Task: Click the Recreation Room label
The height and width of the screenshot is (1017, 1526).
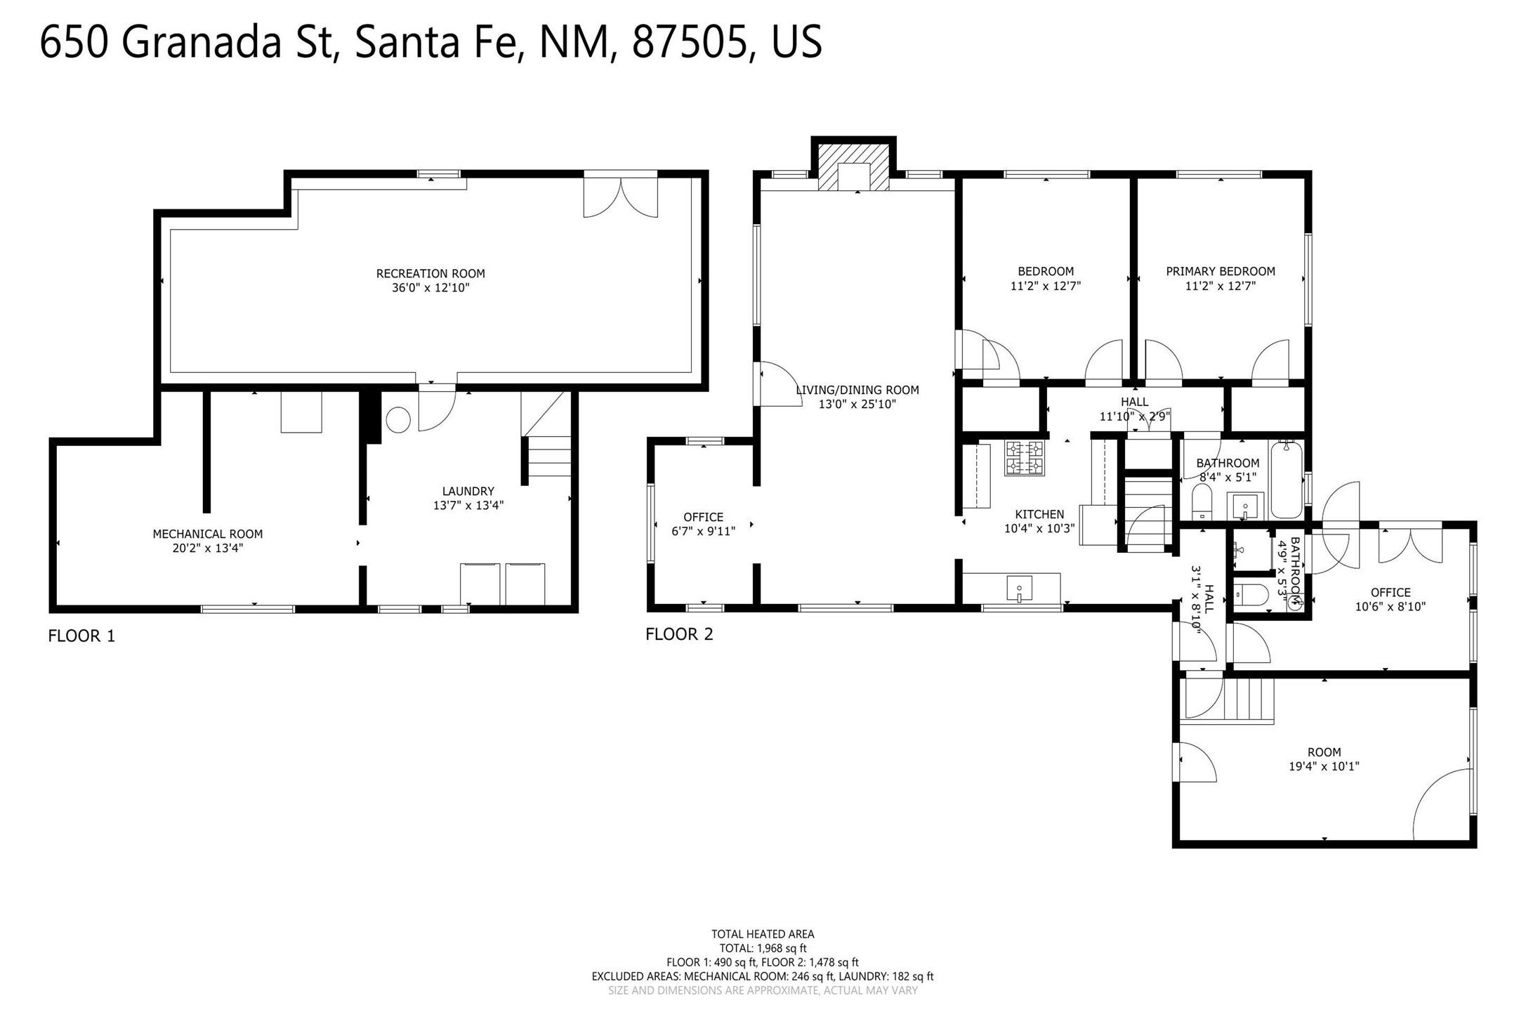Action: coord(430,273)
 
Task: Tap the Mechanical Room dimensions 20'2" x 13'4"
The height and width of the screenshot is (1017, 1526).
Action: coord(208,549)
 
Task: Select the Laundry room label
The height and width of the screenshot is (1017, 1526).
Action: coord(468,491)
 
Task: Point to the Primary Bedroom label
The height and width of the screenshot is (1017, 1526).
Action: coord(1221,271)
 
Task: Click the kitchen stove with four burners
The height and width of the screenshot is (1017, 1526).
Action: coord(1024,458)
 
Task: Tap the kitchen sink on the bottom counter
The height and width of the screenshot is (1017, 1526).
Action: coord(1019,588)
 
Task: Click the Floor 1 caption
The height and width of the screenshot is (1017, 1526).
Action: coord(81,636)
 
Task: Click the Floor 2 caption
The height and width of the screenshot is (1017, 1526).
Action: coord(679,634)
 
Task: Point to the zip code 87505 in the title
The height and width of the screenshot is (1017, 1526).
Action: coord(689,42)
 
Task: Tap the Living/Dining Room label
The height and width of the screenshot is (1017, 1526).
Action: coord(857,390)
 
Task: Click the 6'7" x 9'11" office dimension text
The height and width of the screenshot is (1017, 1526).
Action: coord(704,532)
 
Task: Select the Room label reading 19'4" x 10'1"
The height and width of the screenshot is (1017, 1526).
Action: coord(1324,752)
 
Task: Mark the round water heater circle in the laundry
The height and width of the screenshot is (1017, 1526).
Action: coord(397,420)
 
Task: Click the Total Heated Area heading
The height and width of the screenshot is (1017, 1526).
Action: coord(763,934)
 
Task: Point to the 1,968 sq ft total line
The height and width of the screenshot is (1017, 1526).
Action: coord(763,948)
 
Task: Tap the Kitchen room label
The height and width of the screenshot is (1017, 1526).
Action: coord(1039,514)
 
